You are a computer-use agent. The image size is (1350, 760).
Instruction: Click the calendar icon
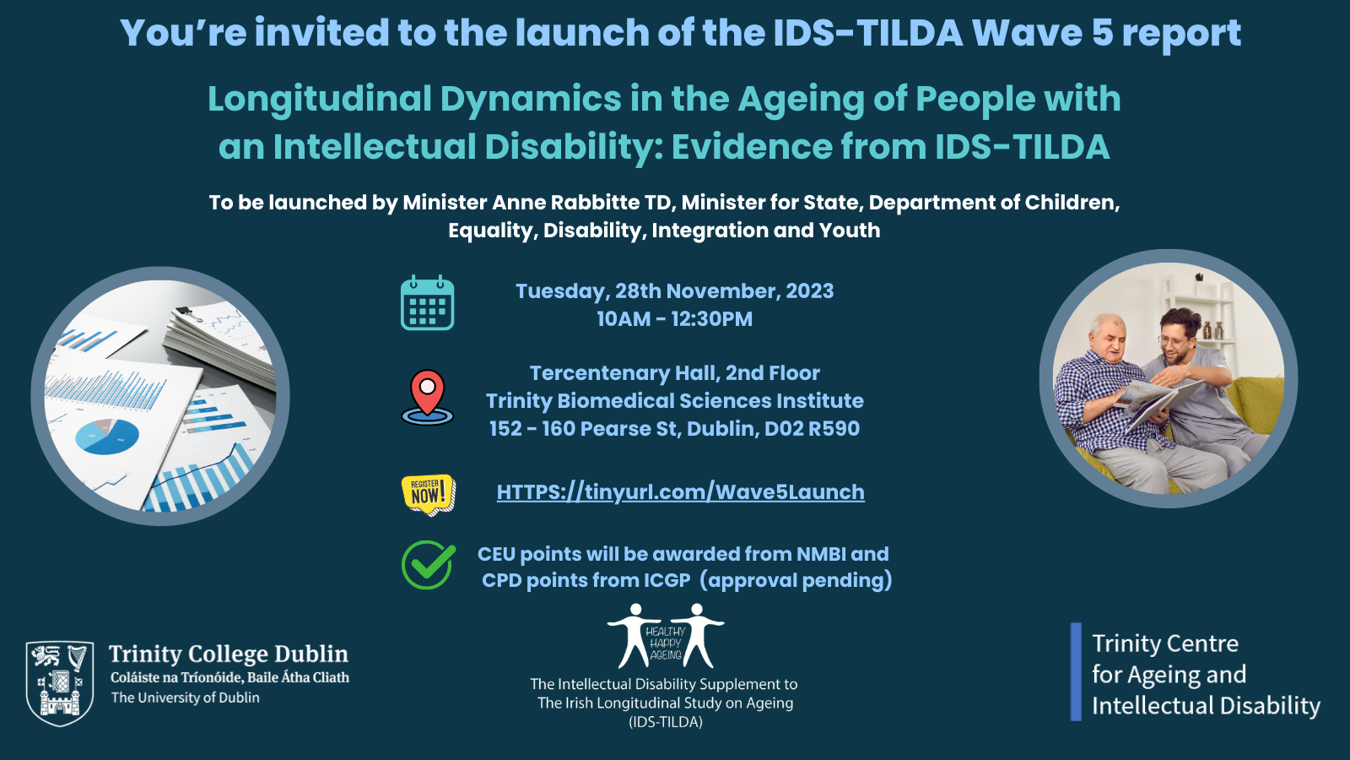[427, 302]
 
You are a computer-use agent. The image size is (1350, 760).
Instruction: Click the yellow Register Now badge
[428, 494]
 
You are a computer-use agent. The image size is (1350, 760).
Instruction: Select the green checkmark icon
[428, 565]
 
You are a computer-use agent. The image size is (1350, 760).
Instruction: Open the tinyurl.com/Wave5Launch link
[680, 492]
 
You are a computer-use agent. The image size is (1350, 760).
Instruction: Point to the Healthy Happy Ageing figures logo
[666, 636]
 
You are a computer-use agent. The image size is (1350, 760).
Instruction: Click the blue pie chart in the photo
[106, 436]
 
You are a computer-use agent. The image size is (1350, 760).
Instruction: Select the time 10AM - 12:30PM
[674, 319]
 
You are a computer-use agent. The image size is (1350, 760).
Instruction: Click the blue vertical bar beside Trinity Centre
[1076, 671]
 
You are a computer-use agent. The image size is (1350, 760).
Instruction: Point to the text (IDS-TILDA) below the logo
[666, 722]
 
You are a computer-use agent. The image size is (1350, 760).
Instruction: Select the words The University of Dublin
[186, 698]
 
